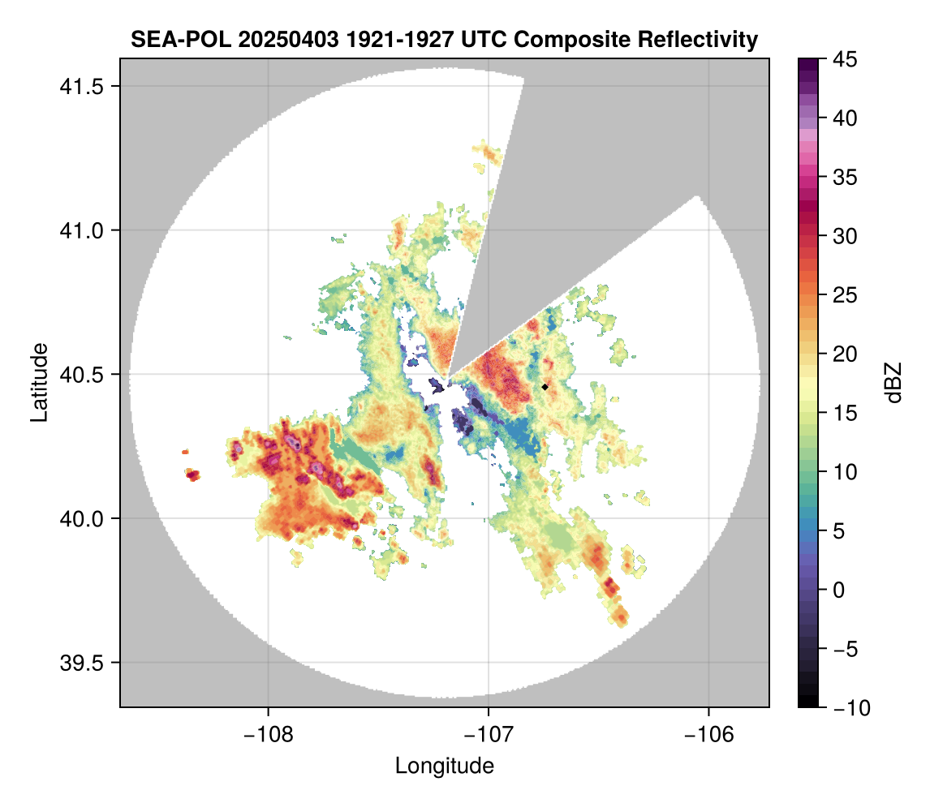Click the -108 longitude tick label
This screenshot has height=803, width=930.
(268, 734)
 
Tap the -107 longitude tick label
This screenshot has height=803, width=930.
(489, 734)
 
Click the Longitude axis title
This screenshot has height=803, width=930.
(445, 766)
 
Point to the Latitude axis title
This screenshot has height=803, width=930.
(38, 381)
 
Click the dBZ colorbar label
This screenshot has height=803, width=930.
(893, 383)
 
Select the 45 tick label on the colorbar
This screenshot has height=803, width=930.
(845, 59)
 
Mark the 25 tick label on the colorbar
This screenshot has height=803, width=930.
(845, 295)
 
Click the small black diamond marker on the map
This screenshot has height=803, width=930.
(545, 387)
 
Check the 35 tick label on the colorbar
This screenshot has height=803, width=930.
(845, 177)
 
